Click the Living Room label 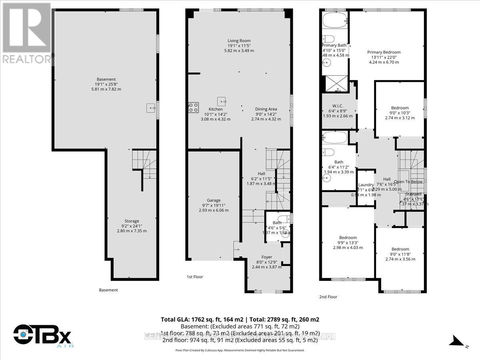239,40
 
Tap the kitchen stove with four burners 193,107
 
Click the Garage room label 214,200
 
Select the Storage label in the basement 132,221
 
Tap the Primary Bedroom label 384,52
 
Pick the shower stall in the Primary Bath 336,84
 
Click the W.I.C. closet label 338,106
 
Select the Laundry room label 366,184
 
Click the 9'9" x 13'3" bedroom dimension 348,242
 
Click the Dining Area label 266,109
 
